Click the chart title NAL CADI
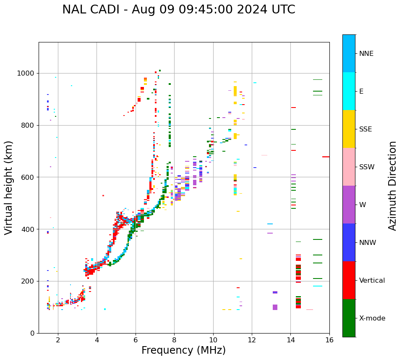click(178, 10)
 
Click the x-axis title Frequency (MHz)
click(183, 350)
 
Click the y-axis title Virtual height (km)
click(9, 188)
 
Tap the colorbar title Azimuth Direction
click(392, 186)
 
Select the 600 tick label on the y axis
click(29, 177)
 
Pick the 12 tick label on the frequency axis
click(252, 340)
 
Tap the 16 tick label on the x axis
click(329, 340)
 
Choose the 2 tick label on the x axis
click(58, 340)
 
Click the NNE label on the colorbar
click(366, 54)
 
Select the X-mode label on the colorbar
click(372, 318)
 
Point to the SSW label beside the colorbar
click(367, 167)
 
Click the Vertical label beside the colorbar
click(372, 281)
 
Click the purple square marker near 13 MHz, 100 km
click(275, 307)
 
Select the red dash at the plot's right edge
click(326, 157)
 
